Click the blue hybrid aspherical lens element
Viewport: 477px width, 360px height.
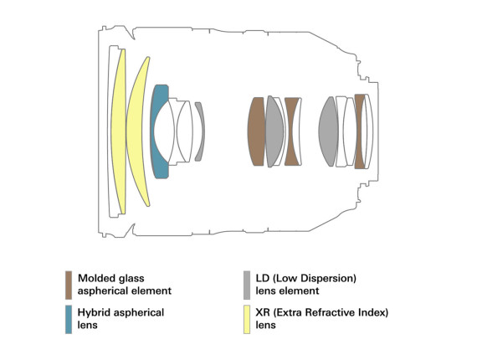pos(156,131)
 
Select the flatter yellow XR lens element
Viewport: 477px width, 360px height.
pos(119,131)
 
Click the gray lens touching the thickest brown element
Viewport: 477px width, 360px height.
pos(274,131)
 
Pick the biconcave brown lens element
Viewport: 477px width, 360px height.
pos(292,131)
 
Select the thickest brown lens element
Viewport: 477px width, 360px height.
pos(256,131)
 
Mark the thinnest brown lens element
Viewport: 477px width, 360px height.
pos(360,131)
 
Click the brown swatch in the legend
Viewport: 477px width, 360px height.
pos(69,285)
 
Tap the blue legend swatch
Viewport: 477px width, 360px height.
pos(69,320)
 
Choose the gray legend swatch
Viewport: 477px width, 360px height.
pos(247,285)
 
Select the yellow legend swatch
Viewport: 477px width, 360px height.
pos(247,320)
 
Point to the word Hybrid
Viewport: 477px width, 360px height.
pos(92,313)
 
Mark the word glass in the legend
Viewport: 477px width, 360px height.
pos(131,279)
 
